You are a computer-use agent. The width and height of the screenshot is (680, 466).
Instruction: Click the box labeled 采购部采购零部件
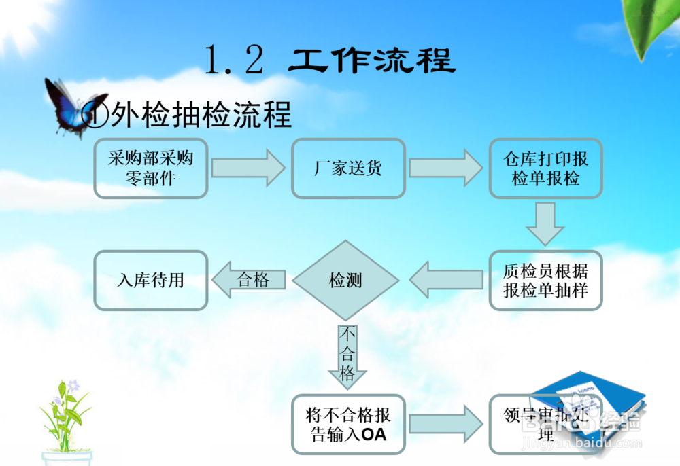pyautogui.click(x=150, y=168)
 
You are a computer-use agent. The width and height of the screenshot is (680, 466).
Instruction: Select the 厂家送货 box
pyautogui.click(x=348, y=168)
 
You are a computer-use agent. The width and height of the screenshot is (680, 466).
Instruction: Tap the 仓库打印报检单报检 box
pyautogui.click(x=545, y=168)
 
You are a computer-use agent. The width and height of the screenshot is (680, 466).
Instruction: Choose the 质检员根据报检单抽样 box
pyautogui.click(x=545, y=281)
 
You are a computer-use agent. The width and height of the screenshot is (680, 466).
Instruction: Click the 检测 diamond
pyautogui.click(x=345, y=280)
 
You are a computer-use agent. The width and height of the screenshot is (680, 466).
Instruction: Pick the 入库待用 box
pyautogui.click(x=150, y=280)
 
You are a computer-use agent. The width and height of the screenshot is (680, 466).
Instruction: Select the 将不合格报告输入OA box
pyautogui.click(x=348, y=424)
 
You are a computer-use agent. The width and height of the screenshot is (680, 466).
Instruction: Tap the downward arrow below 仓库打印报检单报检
pyautogui.click(x=545, y=223)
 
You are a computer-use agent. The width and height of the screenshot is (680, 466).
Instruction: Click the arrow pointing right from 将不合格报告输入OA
pyautogui.click(x=446, y=424)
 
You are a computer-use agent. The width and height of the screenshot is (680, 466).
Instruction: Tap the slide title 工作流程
pyautogui.click(x=371, y=60)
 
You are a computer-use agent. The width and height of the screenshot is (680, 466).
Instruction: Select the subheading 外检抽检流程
pyautogui.click(x=201, y=115)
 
